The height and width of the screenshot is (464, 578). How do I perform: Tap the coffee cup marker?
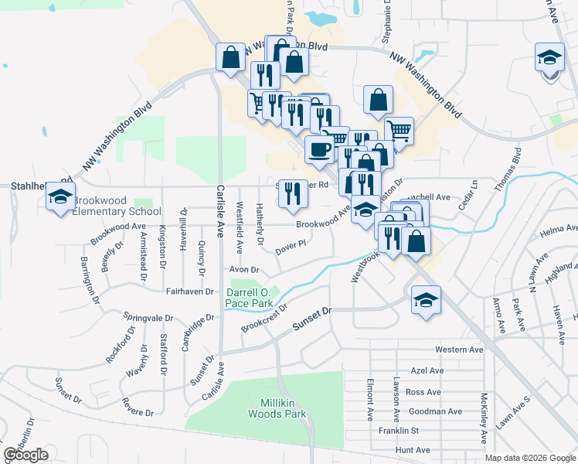click(x=318, y=149)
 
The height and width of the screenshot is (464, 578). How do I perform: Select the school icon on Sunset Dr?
click(x=425, y=299)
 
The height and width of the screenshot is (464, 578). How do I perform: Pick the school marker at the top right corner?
click(x=549, y=58)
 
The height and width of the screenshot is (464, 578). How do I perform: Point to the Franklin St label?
click(x=398, y=431)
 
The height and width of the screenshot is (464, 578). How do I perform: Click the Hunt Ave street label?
click(x=412, y=450)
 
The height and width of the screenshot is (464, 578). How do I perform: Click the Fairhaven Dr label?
click(x=189, y=291)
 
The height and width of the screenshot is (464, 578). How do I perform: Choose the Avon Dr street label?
click(x=243, y=269)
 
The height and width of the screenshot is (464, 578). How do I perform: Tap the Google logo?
click(x=25, y=455)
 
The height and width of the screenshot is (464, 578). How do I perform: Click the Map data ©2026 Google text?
click(x=529, y=458)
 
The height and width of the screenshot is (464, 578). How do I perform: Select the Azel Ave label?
click(x=427, y=371)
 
